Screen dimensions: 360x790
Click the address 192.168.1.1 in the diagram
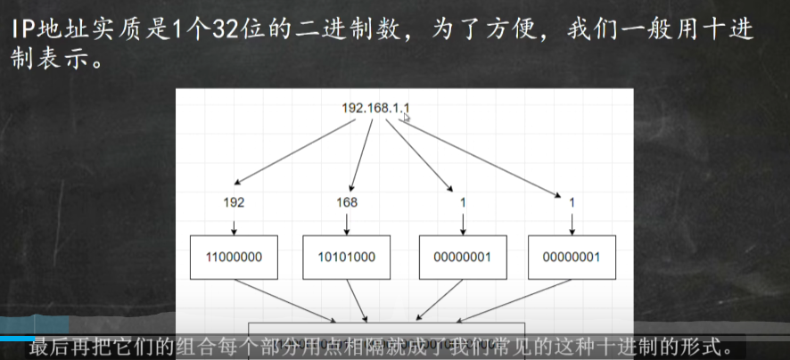click(x=375, y=108)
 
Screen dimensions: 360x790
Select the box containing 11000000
click(x=234, y=258)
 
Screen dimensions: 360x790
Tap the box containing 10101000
click(x=347, y=258)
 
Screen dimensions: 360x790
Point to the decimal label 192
click(x=234, y=202)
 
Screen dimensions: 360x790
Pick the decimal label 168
click(x=347, y=202)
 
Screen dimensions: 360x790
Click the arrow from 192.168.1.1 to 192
click(x=294, y=150)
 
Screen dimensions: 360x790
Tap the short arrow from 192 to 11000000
click(x=234, y=225)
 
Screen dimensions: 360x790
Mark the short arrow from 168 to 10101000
click(x=347, y=225)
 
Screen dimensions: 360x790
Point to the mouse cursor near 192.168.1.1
click(x=407, y=117)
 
